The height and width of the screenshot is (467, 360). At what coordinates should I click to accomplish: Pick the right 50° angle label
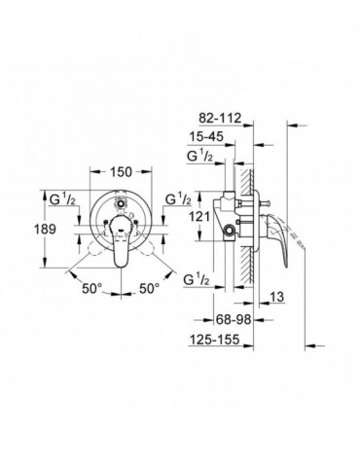tap(149, 289)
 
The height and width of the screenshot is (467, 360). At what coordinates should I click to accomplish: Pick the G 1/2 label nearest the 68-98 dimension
tap(199, 279)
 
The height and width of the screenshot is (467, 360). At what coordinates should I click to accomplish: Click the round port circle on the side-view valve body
tap(229, 230)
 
